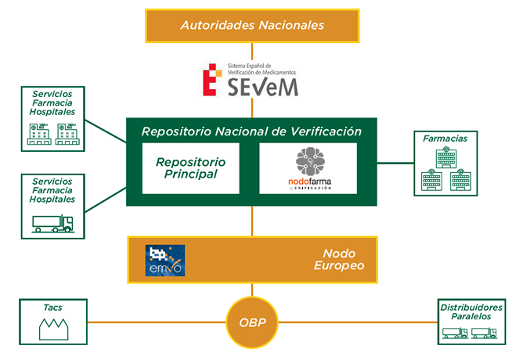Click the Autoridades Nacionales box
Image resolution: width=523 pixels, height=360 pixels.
(x=252, y=25)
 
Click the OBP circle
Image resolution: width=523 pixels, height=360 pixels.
(x=251, y=322)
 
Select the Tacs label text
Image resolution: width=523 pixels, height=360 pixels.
(x=53, y=308)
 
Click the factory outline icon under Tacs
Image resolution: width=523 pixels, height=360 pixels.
(x=53, y=328)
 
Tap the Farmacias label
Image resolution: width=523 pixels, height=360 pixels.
(x=445, y=139)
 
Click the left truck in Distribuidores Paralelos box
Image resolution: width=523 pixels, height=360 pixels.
(x=455, y=333)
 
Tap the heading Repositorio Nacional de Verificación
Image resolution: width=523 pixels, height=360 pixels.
(x=251, y=131)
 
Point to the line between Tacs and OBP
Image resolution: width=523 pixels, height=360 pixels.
(x=157, y=321)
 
